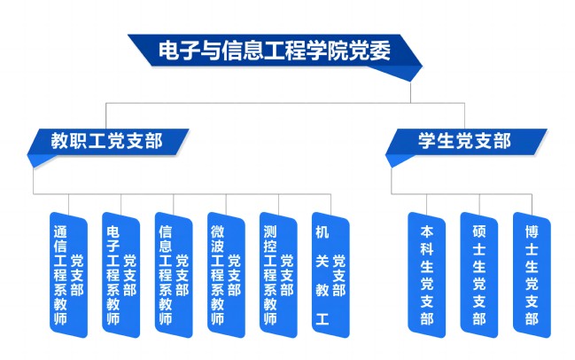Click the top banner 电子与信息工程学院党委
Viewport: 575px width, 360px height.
pos(275,51)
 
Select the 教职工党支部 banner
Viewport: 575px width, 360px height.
pos(108,143)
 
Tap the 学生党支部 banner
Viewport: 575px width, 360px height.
pos(466,143)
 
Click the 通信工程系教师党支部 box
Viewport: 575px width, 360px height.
pos(68,275)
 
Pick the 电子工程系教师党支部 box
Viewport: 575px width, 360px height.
pos(121,275)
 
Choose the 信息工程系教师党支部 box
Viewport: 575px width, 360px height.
pos(174,275)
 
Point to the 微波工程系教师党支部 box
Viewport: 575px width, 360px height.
pos(226,275)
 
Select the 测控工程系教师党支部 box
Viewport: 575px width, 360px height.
pos(278,275)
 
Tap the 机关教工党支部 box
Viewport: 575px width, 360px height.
pos(330,275)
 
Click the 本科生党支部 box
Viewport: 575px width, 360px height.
pos(427,275)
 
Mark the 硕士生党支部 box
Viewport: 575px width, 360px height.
pos(479,275)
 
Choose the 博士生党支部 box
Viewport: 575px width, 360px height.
pos(532,275)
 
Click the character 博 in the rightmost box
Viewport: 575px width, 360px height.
pos(532,232)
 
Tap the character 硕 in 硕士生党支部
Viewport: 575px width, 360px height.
pos(479,232)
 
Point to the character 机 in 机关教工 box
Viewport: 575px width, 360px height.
pos(322,232)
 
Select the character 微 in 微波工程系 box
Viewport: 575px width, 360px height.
pos(217,232)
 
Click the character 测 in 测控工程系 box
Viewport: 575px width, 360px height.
pos(270,232)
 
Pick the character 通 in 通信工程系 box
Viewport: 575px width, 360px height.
pos(60,232)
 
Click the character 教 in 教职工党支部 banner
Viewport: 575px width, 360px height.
pos(60,141)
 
